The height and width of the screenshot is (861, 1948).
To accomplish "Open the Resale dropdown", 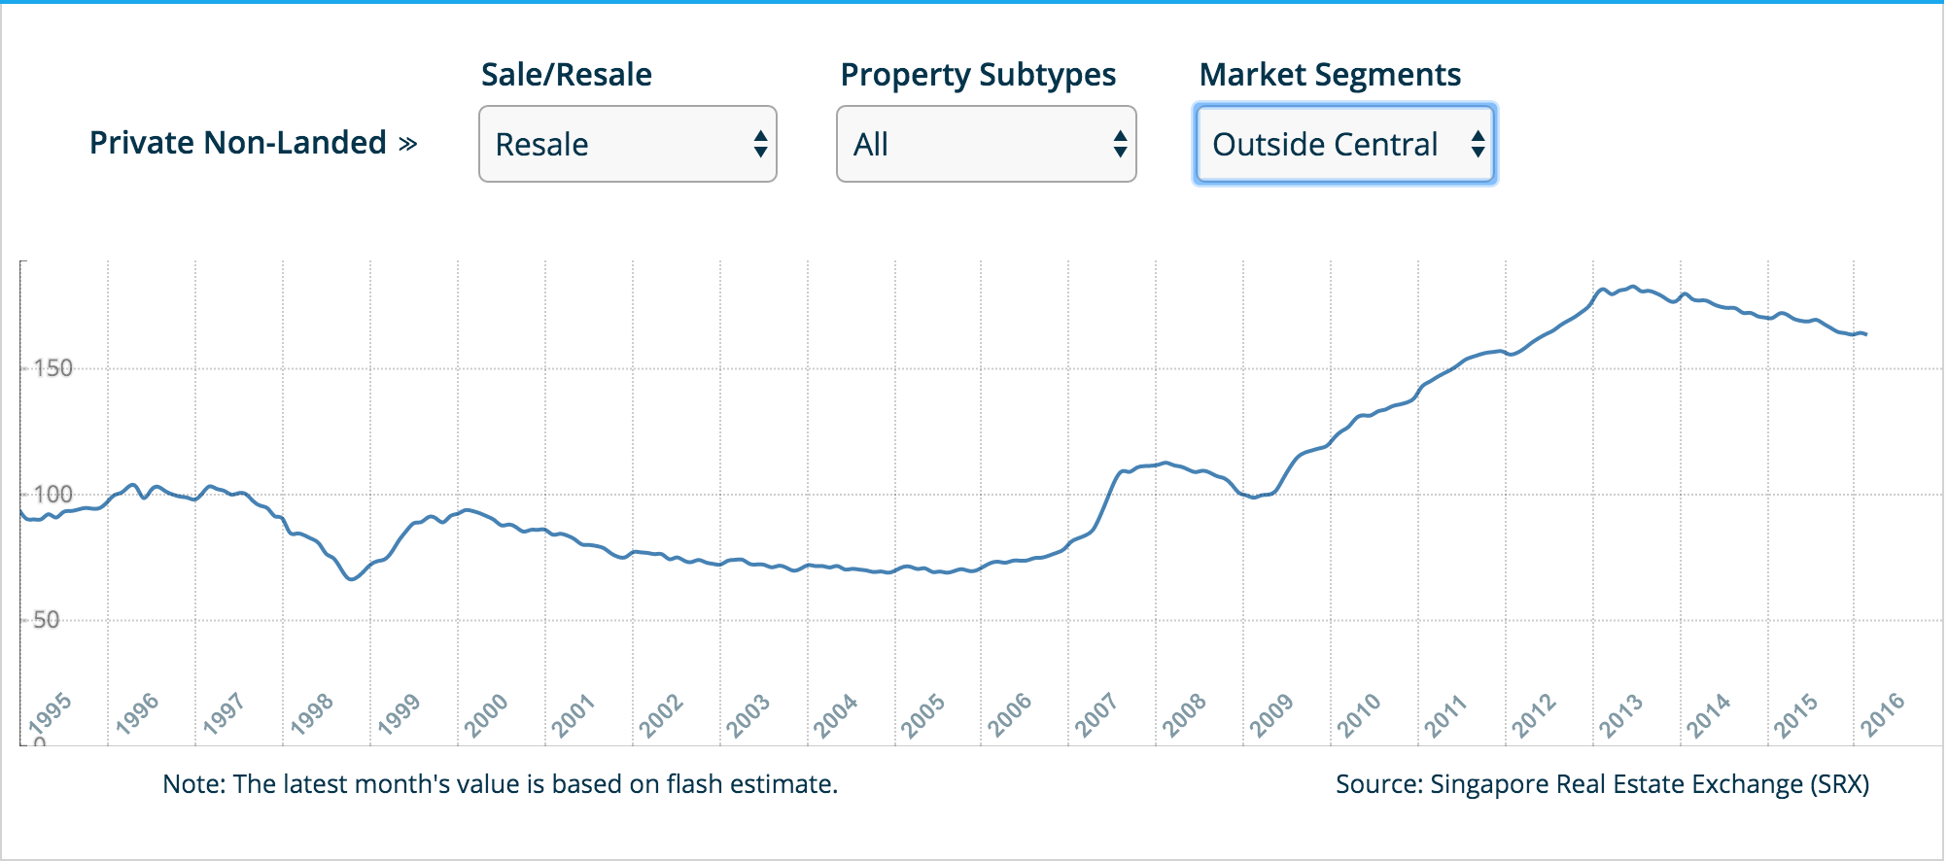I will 627,144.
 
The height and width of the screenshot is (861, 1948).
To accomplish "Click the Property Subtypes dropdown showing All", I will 986,144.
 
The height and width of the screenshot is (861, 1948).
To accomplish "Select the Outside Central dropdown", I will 1344,144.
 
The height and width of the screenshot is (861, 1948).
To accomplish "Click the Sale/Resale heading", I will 567,75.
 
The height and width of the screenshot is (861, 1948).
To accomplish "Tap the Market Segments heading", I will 1330,75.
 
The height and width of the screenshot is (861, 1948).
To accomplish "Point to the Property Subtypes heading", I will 978,75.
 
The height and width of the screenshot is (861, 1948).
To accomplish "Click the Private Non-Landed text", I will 238,143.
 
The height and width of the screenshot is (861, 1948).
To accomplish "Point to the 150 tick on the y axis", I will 52,368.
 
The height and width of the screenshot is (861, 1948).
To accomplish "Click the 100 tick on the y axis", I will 52,494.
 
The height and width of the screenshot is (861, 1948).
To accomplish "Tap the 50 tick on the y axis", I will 46,620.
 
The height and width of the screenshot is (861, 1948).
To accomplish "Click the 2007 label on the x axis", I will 1096,714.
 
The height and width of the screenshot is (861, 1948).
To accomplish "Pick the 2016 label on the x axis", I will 1882,714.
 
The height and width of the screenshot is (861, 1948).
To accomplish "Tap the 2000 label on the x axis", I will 486,714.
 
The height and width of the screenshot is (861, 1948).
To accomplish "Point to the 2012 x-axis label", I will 1533,714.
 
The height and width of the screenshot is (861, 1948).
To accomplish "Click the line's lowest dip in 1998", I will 352,579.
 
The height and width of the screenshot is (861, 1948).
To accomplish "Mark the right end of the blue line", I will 1866,334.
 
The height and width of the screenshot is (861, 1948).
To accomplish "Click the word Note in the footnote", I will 192,784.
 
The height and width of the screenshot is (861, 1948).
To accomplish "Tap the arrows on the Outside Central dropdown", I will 1478,144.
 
